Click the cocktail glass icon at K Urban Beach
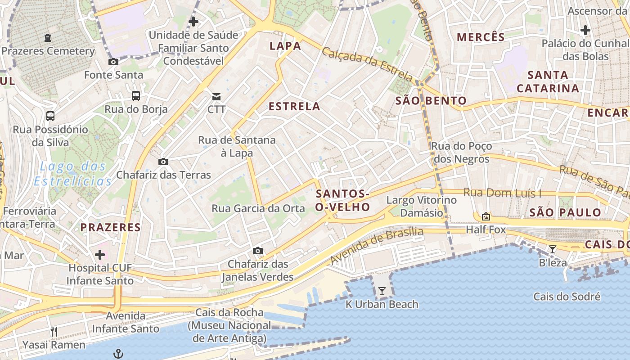(382, 291)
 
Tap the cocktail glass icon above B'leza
(553, 249)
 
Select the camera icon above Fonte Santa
(113, 62)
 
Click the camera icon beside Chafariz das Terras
(163, 162)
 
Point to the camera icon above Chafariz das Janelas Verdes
(257, 251)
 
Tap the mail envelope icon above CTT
(216, 96)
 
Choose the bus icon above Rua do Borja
(135, 95)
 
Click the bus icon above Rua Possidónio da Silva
(50, 116)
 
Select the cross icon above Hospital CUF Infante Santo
(100, 255)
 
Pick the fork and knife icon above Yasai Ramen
(54, 332)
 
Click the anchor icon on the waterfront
(118, 353)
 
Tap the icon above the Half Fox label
(486, 216)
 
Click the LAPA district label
(285, 46)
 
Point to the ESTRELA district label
(294, 107)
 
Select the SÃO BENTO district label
(431, 101)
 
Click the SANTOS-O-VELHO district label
(342, 200)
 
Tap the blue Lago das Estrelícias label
(72, 174)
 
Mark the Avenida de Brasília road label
(377, 246)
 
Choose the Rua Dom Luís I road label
(502, 193)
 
